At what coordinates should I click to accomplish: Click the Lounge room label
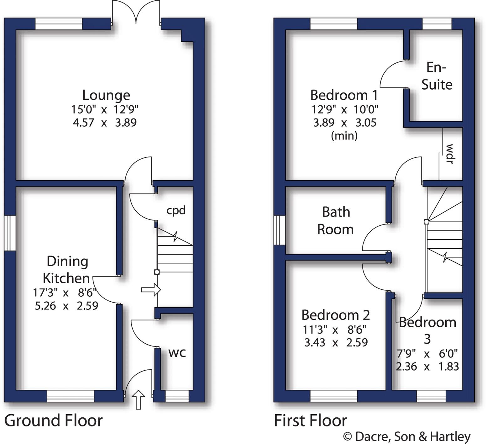point(106,95)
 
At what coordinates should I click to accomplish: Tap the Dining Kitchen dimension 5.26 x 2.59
point(66,306)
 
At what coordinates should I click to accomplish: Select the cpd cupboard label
point(176,210)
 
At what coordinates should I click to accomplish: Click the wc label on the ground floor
point(177,353)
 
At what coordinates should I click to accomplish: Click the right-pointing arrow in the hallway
point(151,289)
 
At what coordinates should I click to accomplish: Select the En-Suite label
point(437,76)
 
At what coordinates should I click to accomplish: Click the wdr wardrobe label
point(450,154)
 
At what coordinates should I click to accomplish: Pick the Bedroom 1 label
point(344,95)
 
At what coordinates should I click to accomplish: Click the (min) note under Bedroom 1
point(344,136)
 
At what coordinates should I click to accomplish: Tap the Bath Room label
point(335,221)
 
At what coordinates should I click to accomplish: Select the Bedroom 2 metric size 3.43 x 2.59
point(336,342)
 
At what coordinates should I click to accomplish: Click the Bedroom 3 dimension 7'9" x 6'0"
point(427,354)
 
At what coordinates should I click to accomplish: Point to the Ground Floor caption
point(53,420)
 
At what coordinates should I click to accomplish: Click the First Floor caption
point(310,420)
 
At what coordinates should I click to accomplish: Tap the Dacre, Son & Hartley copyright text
point(407,436)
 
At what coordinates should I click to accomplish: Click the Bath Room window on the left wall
point(279,230)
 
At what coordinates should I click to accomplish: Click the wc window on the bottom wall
point(177,396)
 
